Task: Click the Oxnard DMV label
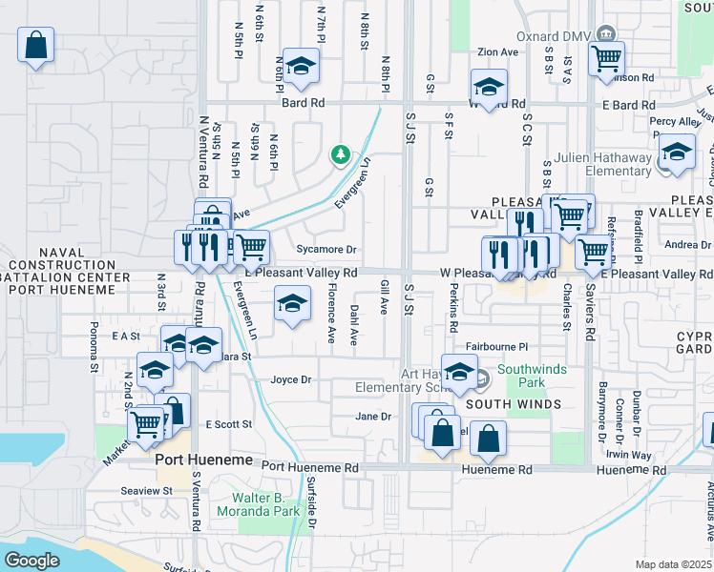pyautogui.click(x=549, y=36)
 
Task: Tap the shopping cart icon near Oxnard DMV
pyautogui.click(x=606, y=58)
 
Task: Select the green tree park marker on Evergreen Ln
pyautogui.click(x=339, y=153)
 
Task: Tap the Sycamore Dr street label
pyautogui.click(x=326, y=250)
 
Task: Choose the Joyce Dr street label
pyautogui.click(x=291, y=379)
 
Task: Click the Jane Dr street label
pyautogui.click(x=373, y=417)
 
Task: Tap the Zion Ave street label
pyautogui.click(x=497, y=51)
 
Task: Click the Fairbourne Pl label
pyautogui.click(x=497, y=348)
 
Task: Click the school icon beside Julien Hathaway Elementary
pyautogui.click(x=677, y=153)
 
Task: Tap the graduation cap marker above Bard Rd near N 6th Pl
pyautogui.click(x=301, y=66)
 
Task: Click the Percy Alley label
pyautogui.click(x=675, y=122)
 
